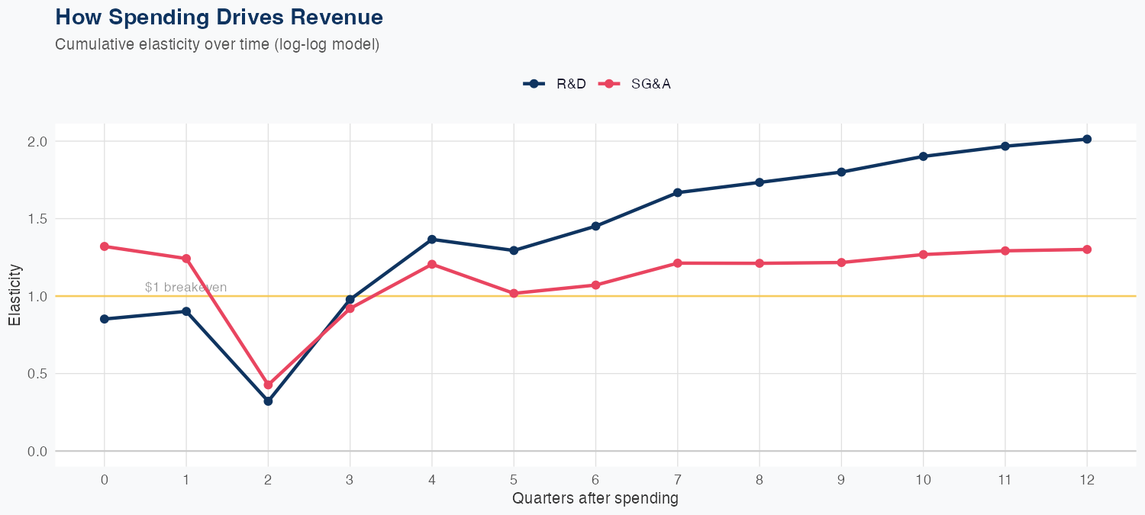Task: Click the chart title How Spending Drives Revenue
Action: tap(219, 17)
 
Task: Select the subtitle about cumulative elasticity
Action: tap(217, 44)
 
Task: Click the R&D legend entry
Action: tap(555, 84)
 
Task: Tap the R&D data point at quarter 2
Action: tap(268, 401)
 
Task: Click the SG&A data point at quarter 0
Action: tap(105, 246)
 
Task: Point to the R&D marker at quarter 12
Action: tap(1087, 139)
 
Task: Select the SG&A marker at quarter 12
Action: tap(1087, 249)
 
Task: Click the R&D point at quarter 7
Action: tap(678, 192)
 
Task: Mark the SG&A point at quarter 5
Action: tap(514, 293)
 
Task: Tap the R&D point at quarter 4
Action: tap(432, 240)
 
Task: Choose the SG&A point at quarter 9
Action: tap(841, 262)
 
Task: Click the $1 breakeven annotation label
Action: tap(185, 288)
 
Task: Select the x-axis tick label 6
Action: tap(595, 480)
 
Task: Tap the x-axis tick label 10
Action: tap(924, 480)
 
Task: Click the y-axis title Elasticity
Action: tap(15, 295)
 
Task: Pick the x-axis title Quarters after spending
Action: tap(595, 499)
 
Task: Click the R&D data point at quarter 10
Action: tap(924, 156)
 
